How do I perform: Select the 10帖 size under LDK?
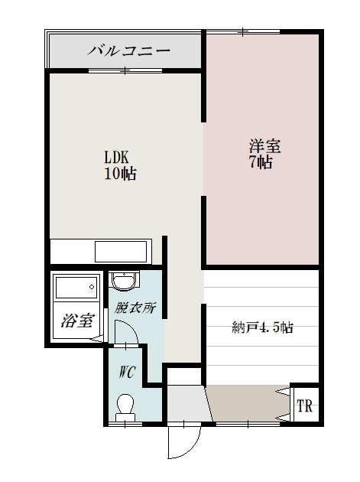click(120, 174)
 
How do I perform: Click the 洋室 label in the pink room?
click(261, 145)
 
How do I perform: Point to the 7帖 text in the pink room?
click(261, 162)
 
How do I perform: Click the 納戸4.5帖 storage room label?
click(262, 327)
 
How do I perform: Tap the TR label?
click(305, 405)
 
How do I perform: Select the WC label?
click(127, 374)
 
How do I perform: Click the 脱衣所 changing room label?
click(135, 308)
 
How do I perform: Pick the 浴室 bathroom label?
click(77, 321)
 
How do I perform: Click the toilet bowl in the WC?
click(125, 405)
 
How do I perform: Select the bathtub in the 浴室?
click(76, 291)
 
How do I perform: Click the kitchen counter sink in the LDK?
click(121, 251)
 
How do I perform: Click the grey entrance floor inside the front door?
click(186, 403)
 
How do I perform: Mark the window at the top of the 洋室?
click(243, 32)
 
